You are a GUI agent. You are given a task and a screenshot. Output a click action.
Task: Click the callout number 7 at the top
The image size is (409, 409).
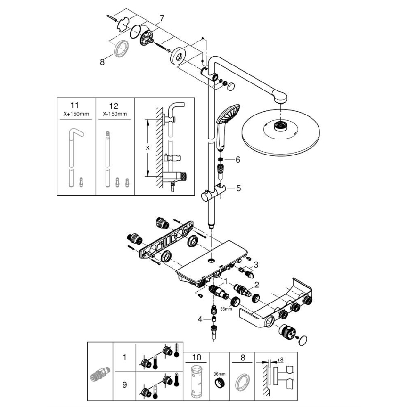[162, 18]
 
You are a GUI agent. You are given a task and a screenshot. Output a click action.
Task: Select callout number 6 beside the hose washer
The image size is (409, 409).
[238, 160]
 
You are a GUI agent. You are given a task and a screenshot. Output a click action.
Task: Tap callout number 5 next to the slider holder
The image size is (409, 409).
[238, 188]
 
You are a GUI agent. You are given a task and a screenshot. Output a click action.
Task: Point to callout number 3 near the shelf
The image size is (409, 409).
[256, 264]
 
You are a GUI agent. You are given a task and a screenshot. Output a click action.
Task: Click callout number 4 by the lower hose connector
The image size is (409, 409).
[200, 319]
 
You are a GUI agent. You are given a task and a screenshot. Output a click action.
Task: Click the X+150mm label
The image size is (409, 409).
[76, 114]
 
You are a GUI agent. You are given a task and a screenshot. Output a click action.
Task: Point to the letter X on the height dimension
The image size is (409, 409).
[147, 147]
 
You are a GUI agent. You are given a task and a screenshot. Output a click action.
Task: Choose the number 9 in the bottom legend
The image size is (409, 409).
[124, 384]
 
